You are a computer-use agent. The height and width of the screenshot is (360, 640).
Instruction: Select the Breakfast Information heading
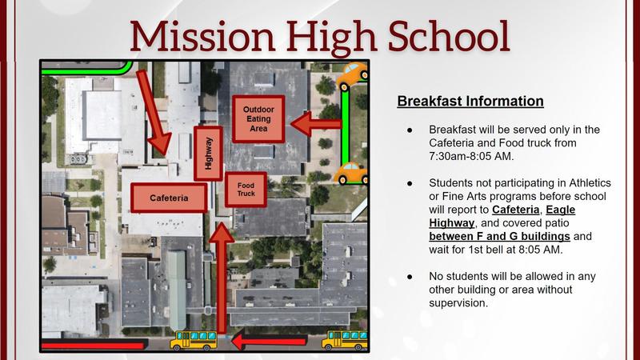(470, 102)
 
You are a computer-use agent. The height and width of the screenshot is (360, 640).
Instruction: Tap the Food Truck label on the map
(245, 190)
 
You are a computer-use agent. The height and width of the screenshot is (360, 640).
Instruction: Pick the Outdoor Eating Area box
(258, 118)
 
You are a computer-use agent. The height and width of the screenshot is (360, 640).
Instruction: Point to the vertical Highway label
(209, 153)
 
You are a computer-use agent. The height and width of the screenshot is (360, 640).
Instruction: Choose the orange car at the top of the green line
(352, 76)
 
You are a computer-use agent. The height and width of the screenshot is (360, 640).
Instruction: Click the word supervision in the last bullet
(458, 304)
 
